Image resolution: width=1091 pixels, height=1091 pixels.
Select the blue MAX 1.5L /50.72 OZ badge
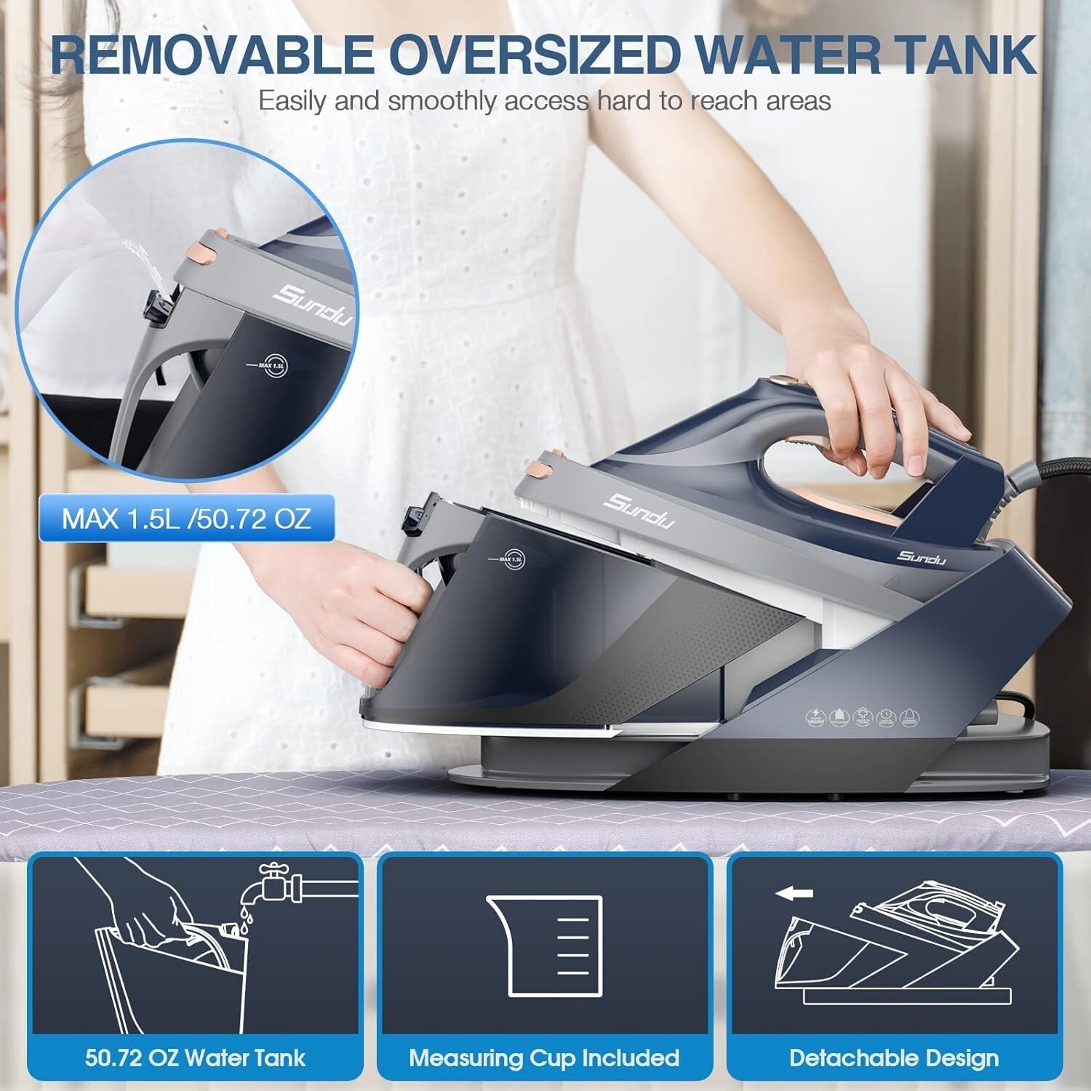click(x=186, y=519)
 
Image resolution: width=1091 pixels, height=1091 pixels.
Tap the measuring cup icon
click(x=544, y=945)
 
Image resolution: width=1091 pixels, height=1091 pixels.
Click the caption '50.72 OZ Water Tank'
click(x=195, y=1058)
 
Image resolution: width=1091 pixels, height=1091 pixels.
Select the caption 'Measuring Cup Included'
click(x=544, y=1058)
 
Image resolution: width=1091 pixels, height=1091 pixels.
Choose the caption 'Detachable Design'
click(x=894, y=1058)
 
